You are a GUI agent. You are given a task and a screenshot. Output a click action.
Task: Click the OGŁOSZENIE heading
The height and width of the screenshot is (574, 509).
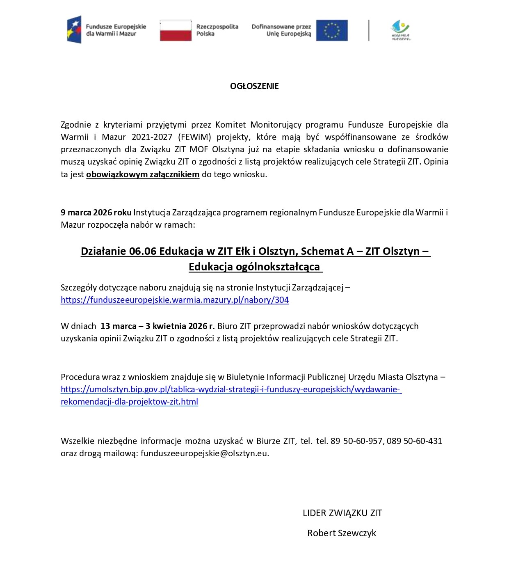click(254, 86)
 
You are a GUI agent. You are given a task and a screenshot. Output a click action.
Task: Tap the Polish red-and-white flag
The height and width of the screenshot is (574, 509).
click(176, 30)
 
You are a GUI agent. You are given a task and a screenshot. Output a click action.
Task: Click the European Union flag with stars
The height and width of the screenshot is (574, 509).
click(332, 30)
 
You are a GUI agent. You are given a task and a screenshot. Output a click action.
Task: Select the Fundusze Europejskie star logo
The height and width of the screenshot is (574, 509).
click(74, 30)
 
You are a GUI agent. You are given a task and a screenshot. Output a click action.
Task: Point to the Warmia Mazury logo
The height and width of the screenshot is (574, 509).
click(400, 30)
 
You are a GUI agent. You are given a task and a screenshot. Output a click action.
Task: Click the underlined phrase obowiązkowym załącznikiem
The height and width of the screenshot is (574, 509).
click(143, 174)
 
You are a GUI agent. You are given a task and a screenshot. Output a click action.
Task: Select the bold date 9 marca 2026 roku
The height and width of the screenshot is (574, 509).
click(96, 213)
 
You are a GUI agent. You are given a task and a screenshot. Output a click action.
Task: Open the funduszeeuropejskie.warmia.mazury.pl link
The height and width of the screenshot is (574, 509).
click(175, 300)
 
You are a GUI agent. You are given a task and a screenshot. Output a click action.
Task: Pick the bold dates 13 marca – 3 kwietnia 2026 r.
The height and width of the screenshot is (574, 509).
click(157, 326)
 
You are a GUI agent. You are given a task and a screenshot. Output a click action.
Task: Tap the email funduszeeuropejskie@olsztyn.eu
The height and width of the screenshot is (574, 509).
click(204, 453)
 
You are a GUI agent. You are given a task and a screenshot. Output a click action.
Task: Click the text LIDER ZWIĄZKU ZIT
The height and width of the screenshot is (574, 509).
click(342, 513)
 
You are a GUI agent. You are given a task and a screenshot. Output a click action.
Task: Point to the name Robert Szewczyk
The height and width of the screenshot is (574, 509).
click(342, 533)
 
